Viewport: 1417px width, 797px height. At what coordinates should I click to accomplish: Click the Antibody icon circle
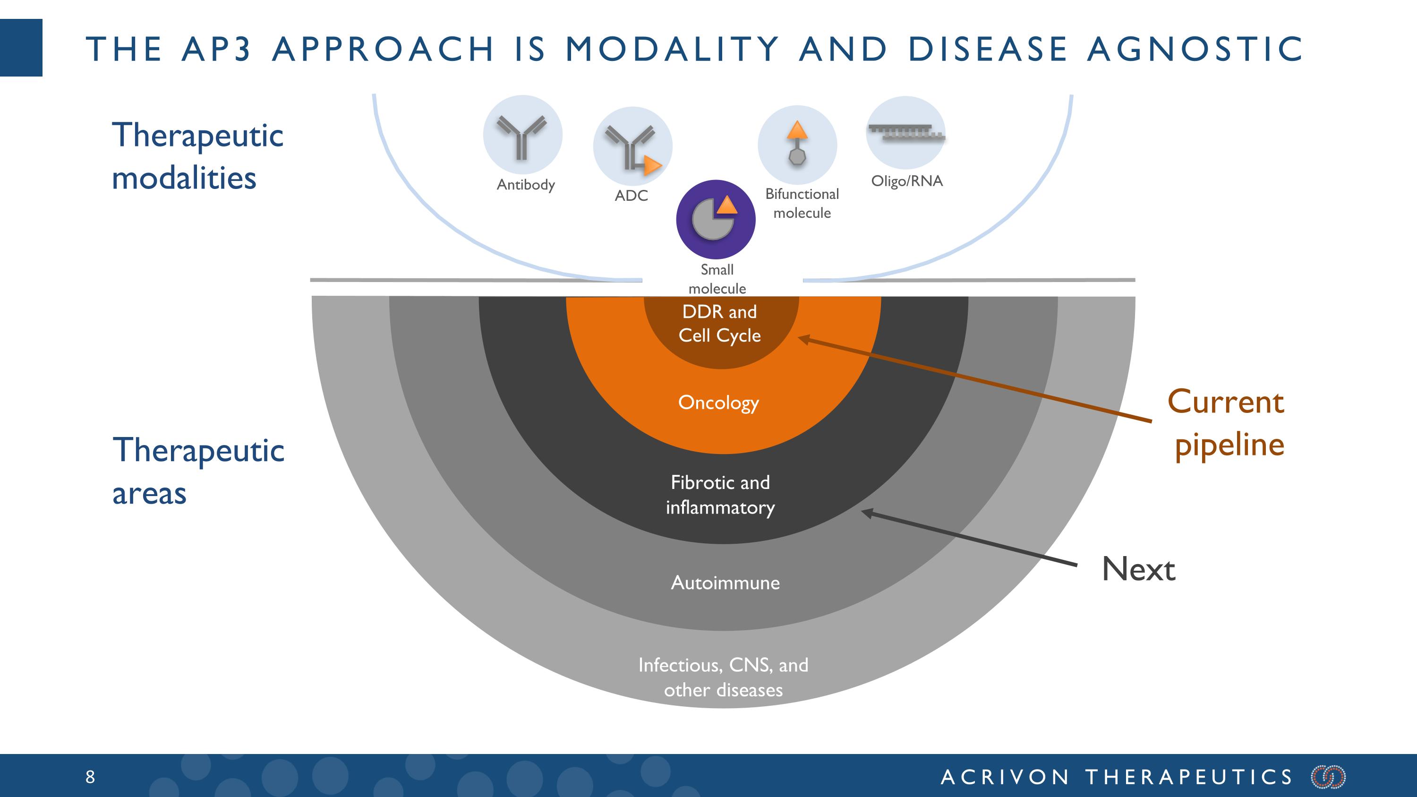pyautogui.click(x=522, y=135)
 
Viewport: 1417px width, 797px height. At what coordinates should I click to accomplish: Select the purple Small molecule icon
pyautogui.click(x=716, y=220)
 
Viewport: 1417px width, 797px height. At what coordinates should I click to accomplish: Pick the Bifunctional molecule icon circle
pyautogui.click(x=797, y=145)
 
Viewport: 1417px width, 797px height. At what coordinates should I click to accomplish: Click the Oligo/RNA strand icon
pyautogui.click(x=906, y=133)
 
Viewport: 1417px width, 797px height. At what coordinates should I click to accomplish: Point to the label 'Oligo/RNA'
pyautogui.click(x=906, y=181)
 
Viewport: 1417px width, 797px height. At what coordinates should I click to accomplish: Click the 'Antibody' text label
pyautogui.click(x=526, y=185)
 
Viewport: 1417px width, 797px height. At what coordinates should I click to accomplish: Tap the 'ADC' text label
pyautogui.click(x=632, y=196)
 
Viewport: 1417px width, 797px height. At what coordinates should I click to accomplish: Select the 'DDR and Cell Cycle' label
pyautogui.click(x=719, y=324)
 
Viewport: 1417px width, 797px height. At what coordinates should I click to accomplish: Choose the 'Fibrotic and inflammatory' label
pyautogui.click(x=720, y=495)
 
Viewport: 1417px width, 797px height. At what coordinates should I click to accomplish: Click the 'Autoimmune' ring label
pyautogui.click(x=725, y=583)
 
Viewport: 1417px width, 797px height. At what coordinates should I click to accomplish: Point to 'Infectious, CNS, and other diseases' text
pyautogui.click(x=723, y=677)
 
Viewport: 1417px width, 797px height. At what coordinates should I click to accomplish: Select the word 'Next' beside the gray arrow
pyautogui.click(x=1139, y=569)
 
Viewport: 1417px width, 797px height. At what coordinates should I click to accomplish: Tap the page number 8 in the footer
pyautogui.click(x=90, y=777)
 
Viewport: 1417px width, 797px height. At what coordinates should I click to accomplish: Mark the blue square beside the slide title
pyautogui.click(x=21, y=48)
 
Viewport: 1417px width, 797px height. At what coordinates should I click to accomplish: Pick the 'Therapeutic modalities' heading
pyautogui.click(x=197, y=156)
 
